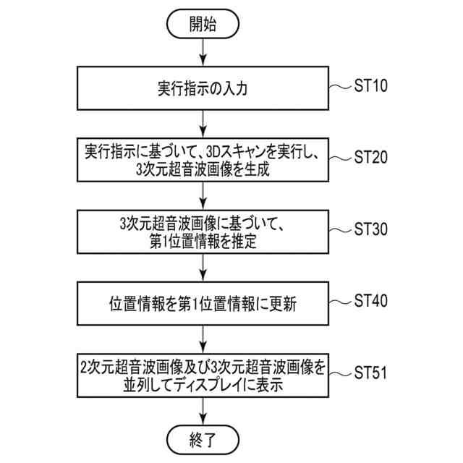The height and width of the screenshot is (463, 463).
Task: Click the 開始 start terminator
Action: (x=203, y=24)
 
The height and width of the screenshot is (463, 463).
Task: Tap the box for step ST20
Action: (x=203, y=161)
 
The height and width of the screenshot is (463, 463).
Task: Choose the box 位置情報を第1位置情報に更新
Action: (x=203, y=305)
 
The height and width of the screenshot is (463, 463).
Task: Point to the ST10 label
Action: (x=372, y=86)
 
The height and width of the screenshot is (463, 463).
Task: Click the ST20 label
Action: (x=372, y=157)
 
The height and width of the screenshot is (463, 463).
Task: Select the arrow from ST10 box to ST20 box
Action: (x=203, y=124)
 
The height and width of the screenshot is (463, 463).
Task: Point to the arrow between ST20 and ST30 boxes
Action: (x=203, y=196)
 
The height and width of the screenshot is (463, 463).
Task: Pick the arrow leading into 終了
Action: (x=203, y=410)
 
